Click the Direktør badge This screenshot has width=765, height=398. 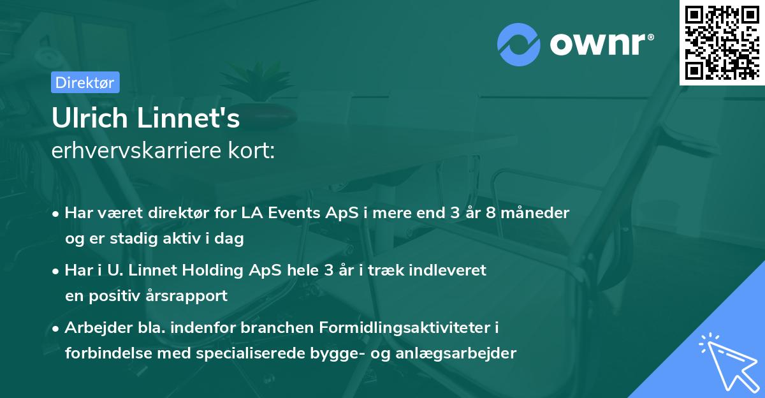coord(85,82)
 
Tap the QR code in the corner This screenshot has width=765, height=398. coord(722,42)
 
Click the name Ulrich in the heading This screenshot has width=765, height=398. coord(87,119)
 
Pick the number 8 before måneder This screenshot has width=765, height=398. coord(495,212)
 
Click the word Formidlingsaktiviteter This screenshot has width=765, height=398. coord(411,327)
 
